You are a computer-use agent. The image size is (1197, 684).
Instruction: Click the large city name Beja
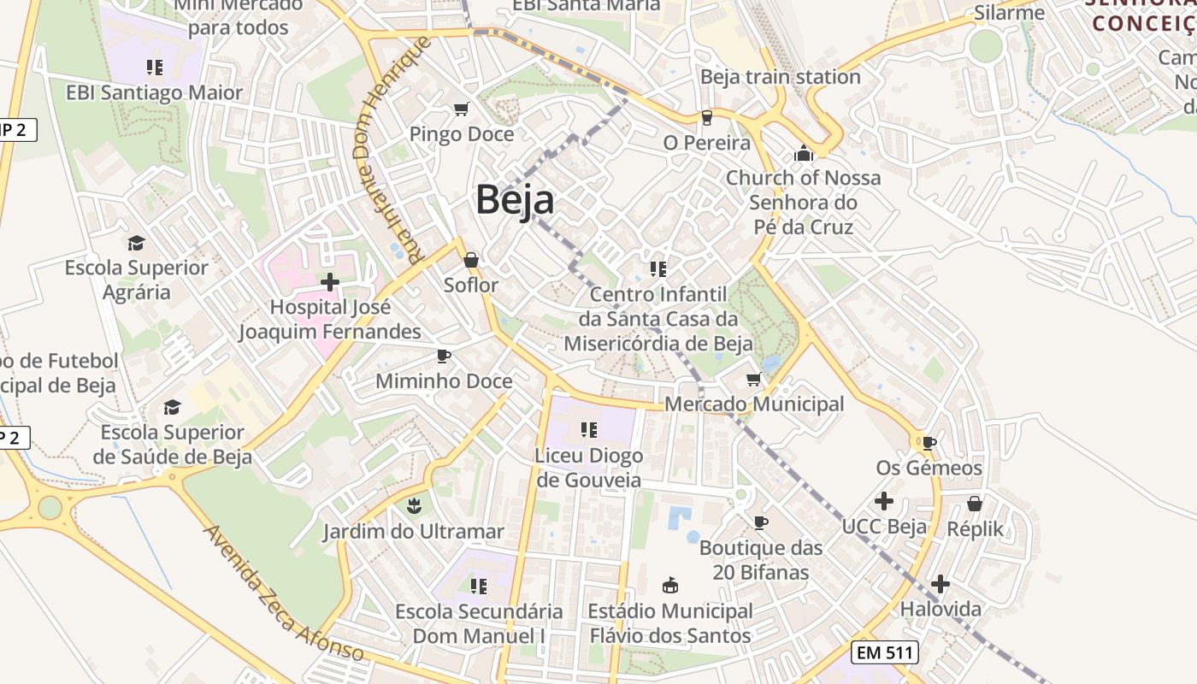click(x=515, y=200)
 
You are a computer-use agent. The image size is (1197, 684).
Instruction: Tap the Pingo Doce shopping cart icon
click(x=462, y=109)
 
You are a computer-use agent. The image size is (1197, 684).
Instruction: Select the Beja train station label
click(x=780, y=77)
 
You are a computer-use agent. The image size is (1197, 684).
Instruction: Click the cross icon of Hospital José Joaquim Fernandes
click(x=330, y=281)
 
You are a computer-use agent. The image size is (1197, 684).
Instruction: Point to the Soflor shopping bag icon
click(x=471, y=260)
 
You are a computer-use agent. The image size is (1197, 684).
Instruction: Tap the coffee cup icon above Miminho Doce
click(x=443, y=356)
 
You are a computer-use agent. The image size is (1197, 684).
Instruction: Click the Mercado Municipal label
click(x=754, y=404)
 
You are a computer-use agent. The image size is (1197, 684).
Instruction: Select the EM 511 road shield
click(x=885, y=653)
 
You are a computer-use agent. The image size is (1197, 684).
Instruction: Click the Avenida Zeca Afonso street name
click(x=283, y=593)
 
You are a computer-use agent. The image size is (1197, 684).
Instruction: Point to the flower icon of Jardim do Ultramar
click(x=414, y=506)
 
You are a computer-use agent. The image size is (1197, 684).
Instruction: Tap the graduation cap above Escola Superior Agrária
click(x=136, y=243)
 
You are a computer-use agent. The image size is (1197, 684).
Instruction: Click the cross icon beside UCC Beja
click(x=884, y=501)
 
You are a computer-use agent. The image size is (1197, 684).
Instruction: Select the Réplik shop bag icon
click(x=975, y=504)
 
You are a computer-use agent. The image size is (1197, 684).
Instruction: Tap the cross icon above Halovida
click(x=940, y=584)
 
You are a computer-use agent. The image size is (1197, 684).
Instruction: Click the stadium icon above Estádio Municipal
click(x=670, y=586)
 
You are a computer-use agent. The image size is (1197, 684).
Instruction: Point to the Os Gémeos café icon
click(x=929, y=443)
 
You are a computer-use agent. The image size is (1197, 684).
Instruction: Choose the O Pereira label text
click(x=706, y=143)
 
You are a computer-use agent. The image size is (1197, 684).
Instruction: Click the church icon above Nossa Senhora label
click(x=803, y=154)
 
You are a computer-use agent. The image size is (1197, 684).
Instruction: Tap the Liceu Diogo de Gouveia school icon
click(x=588, y=430)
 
